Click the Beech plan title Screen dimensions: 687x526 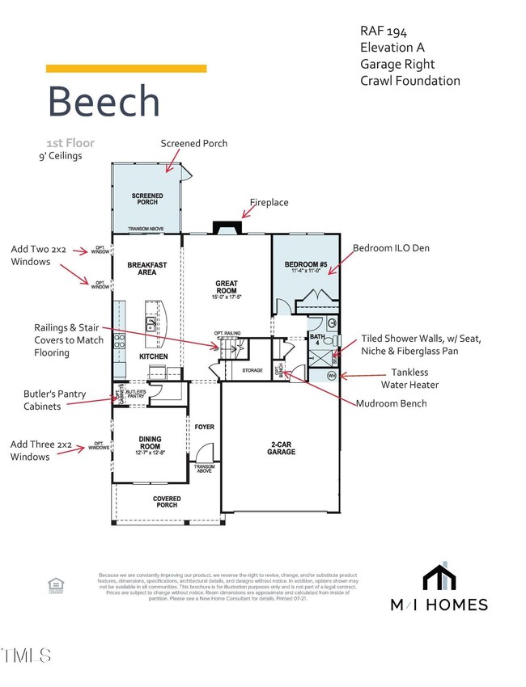pyautogui.click(x=104, y=101)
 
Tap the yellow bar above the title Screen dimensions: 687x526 pyautogui.click(x=126, y=69)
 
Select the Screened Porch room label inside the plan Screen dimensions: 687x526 pyautogui.click(x=147, y=199)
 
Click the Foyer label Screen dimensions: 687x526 pyautogui.click(x=204, y=427)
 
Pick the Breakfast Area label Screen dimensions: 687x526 pyautogui.click(x=147, y=268)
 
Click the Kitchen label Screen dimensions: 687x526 pyautogui.click(x=153, y=356)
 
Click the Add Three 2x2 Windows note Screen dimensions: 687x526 pyautogui.click(x=42, y=449)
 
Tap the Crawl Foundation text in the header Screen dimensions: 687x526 pyautogui.click(x=410, y=80)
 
